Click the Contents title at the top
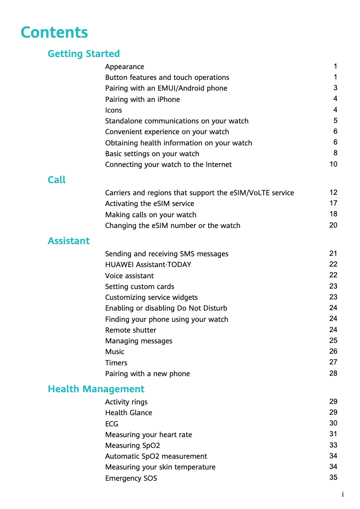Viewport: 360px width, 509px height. (54, 33)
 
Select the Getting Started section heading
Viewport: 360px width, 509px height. (83, 54)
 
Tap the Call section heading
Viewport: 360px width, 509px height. (57, 180)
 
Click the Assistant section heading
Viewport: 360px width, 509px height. (69, 241)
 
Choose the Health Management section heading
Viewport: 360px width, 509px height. (96, 389)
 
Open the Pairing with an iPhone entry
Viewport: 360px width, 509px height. (142, 100)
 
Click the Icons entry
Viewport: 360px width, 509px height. (114, 110)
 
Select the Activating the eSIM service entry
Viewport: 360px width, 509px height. (149, 204)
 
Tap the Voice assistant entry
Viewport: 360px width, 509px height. (129, 276)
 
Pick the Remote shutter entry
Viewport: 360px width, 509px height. (131, 330)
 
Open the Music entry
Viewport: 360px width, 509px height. (114, 352)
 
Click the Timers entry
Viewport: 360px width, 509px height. (116, 363)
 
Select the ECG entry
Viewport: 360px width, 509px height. (112, 424)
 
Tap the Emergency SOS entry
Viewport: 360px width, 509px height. (131, 478)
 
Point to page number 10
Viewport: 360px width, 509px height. (333, 164)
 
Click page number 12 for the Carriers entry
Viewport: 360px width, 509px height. (333, 193)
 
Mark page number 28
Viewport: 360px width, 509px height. (333, 373)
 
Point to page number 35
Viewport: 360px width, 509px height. (333, 478)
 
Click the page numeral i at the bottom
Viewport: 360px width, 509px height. (342, 495)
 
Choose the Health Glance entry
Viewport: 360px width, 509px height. (128, 413)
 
